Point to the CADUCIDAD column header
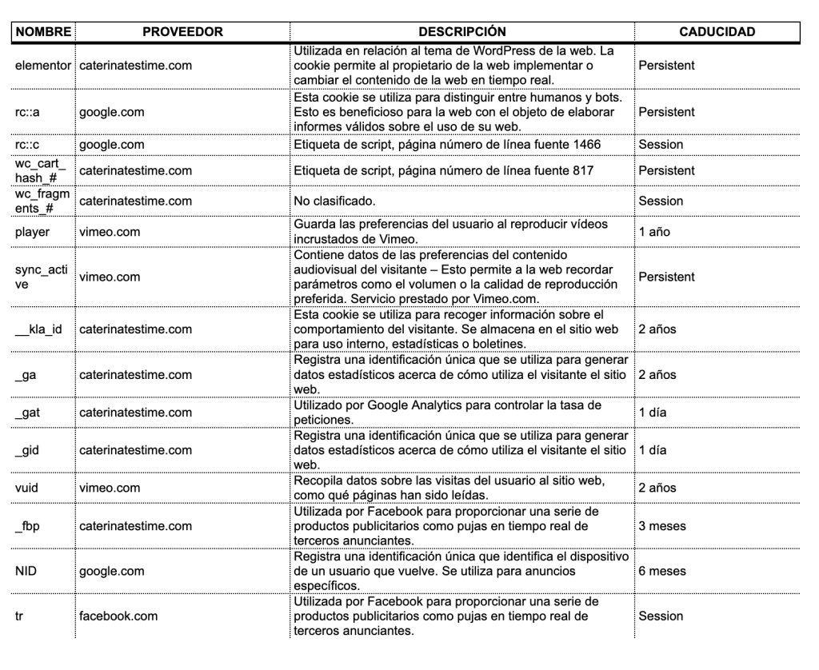tap(717, 32)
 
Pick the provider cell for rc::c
tap(111, 145)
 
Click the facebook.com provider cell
tap(118, 617)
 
